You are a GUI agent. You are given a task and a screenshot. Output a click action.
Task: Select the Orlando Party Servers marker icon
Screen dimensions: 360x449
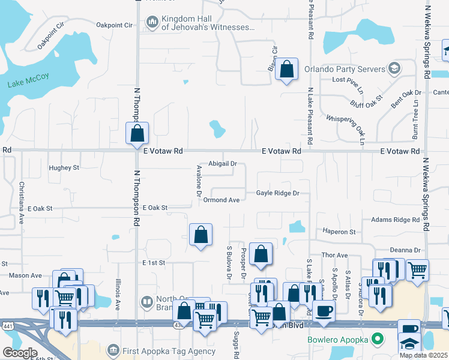coord(394,67)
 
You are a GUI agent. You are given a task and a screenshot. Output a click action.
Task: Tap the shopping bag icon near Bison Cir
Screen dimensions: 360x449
coord(288,69)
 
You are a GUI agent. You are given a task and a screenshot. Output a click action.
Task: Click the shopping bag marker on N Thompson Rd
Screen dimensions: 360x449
coord(137,132)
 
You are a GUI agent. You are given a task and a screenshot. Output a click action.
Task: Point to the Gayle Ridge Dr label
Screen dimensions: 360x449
coord(278,193)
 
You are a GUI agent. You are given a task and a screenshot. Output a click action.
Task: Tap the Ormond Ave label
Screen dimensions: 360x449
coord(221,200)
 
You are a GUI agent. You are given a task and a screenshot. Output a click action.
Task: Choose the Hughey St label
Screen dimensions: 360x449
coord(64,168)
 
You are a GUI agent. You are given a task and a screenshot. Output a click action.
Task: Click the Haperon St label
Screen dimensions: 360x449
coord(340,232)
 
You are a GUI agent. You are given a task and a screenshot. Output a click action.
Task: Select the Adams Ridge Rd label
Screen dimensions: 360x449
coord(396,220)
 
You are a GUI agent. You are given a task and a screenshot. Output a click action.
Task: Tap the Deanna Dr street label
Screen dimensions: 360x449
coord(405,250)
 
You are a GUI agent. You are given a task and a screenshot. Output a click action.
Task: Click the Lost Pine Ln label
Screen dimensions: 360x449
coord(348,80)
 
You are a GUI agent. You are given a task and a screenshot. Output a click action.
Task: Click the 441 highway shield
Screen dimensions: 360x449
coord(5,324)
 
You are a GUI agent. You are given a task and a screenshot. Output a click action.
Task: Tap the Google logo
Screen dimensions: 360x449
coord(20,353)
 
